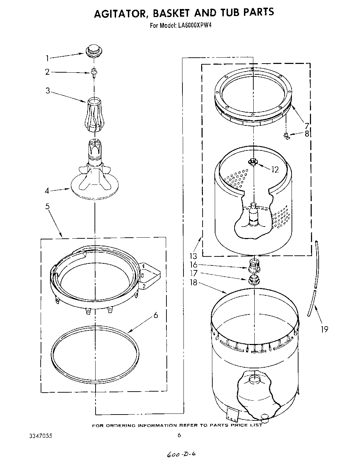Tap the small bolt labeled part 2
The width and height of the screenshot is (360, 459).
93,72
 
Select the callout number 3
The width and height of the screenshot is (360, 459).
48,91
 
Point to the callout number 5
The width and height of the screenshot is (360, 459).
47,206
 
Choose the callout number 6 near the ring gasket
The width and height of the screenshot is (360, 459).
155,315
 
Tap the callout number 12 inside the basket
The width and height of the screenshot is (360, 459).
275,170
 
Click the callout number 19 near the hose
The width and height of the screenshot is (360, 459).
324,329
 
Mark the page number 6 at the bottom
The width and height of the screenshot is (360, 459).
179,435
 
